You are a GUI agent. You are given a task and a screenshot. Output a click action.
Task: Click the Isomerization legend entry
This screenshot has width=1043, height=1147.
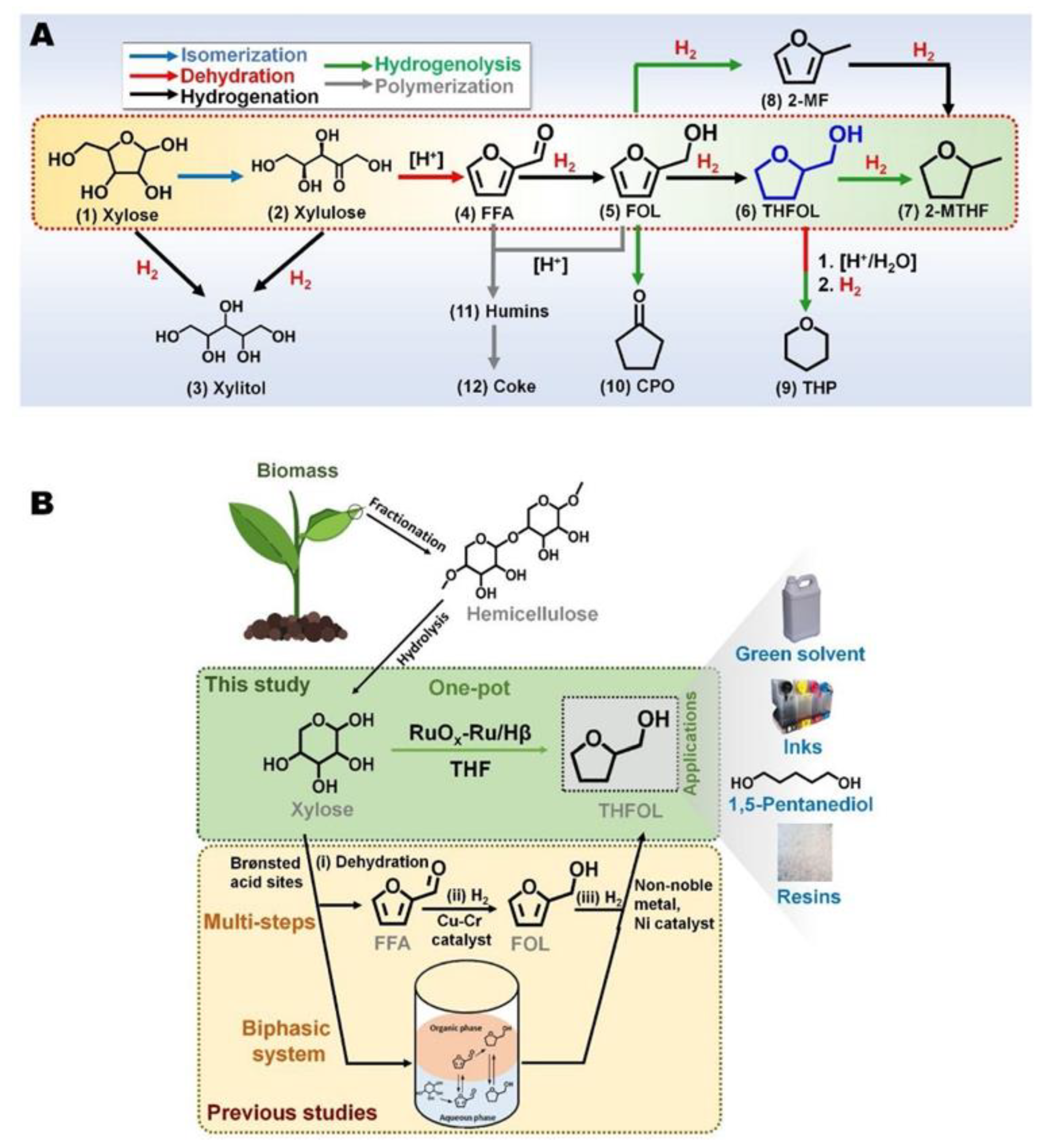[244, 55]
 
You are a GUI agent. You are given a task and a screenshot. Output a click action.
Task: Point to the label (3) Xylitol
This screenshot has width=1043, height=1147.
[226, 388]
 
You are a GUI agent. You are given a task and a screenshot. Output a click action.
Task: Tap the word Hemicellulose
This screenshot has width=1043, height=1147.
[532, 614]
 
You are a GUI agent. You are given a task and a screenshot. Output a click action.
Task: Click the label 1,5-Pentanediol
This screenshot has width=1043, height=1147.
[801, 804]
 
